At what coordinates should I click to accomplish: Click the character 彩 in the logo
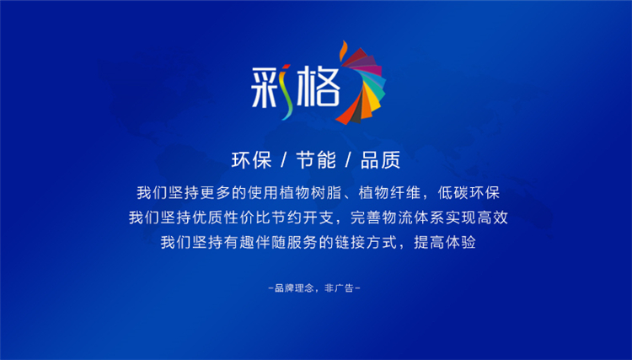click(x=271, y=89)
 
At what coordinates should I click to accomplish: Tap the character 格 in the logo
click(x=319, y=88)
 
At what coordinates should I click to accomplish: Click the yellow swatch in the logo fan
click(x=373, y=101)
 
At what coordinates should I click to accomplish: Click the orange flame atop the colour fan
click(x=344, y=51)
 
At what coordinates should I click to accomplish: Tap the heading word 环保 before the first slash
click(x=251, y=160)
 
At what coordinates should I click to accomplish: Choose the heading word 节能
click(x=316, y=160)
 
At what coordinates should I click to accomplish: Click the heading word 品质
click(x=380, y=160)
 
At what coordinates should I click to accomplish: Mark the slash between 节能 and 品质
click(x=348, y=160)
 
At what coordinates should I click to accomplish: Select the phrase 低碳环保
click(x=469, y=193)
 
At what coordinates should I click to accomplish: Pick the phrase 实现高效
click(x=476, y=218)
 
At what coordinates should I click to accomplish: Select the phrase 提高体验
click(x=445, y=242)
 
